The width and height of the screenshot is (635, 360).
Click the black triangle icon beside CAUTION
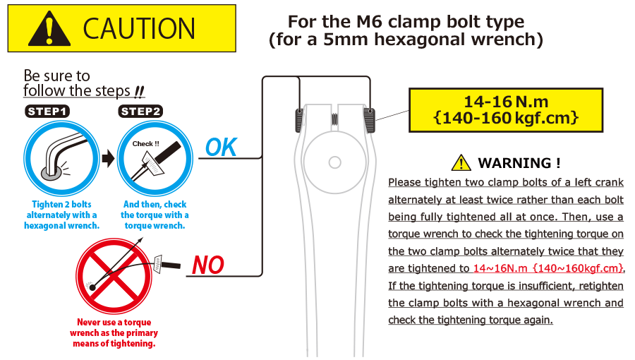click(49, 29)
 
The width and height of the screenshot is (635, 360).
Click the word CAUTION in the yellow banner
click(139, 28)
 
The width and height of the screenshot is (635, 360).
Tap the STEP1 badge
click(47, 112)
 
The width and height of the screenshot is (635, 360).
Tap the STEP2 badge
click(140, 112)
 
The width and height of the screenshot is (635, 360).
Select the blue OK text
click(221, 147)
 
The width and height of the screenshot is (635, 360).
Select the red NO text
click(207, 265)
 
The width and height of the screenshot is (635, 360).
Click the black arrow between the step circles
click(108, 158)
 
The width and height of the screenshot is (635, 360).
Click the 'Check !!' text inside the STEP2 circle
click(146, 144)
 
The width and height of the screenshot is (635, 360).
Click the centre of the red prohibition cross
click(114, 276)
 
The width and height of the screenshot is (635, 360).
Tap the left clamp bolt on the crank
click(299, 120)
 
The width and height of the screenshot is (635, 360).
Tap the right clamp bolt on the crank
click(370, 120)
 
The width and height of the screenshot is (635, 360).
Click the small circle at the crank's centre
click(335, 162)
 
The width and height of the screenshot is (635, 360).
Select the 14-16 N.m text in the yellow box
click(506, 102)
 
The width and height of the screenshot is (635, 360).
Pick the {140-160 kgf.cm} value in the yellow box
click(506, 118)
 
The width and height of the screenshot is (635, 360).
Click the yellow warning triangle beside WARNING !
click(461, 162)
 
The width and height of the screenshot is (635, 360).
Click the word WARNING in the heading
click(514, 163)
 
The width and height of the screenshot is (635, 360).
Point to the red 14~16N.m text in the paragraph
click(500, 268)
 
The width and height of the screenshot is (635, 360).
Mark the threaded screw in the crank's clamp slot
click(334, 119)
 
